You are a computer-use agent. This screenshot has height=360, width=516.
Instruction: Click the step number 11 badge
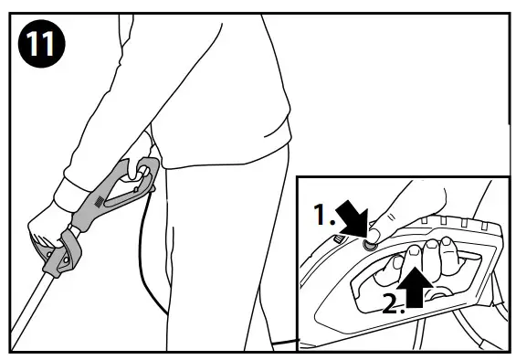(x=41, y=43)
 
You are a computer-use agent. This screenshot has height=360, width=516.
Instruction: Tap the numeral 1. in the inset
(x=324, y=216)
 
